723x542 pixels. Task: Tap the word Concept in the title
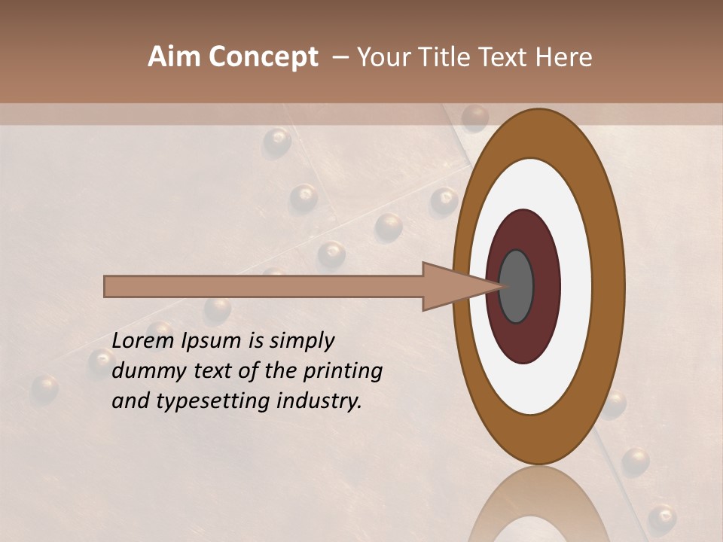coord(263,58)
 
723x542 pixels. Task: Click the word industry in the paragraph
coord(319,401)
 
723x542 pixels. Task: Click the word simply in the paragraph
coord(300,342)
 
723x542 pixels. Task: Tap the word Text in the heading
coord(506,57)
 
